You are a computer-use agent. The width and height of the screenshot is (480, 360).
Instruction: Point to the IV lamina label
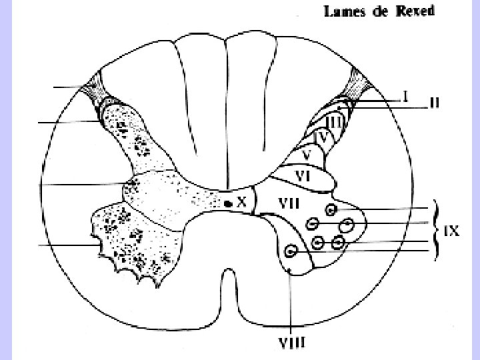point(323,138)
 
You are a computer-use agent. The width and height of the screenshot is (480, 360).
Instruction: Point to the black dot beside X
point(228,203)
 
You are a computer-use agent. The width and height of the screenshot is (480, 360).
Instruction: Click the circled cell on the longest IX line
point(291,252)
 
